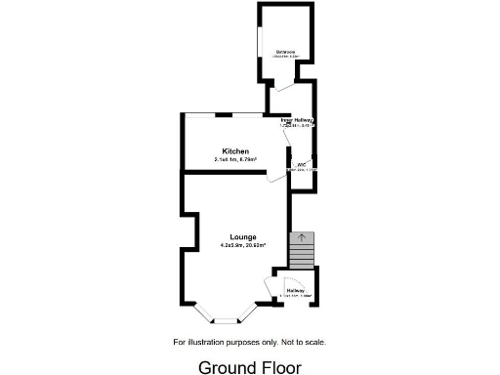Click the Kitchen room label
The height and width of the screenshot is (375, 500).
point(234,151)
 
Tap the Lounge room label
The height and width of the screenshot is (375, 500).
point(243,237)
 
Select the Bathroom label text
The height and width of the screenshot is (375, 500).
point(285,51)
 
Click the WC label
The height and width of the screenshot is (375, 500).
point(303,165)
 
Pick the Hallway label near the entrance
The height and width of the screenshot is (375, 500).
point(296,290)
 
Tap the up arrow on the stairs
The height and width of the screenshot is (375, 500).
point(302,236)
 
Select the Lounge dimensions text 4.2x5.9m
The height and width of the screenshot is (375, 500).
point(242,246)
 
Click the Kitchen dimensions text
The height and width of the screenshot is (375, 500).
point(234,160)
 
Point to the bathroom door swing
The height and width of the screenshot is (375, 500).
point(283,88)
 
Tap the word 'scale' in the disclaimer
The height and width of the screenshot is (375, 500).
point(314,342)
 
